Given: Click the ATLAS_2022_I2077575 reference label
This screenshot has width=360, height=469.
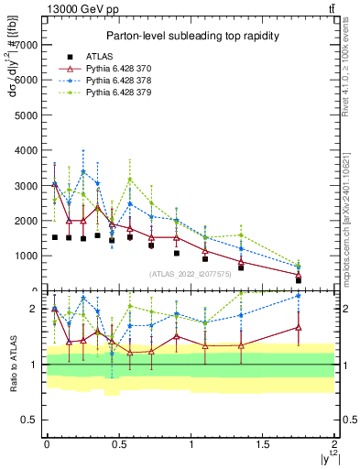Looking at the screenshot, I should [190, 274].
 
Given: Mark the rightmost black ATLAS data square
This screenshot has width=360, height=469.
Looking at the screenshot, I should [299, 280].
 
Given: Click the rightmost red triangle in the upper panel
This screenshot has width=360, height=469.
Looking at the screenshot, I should [299, 275].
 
